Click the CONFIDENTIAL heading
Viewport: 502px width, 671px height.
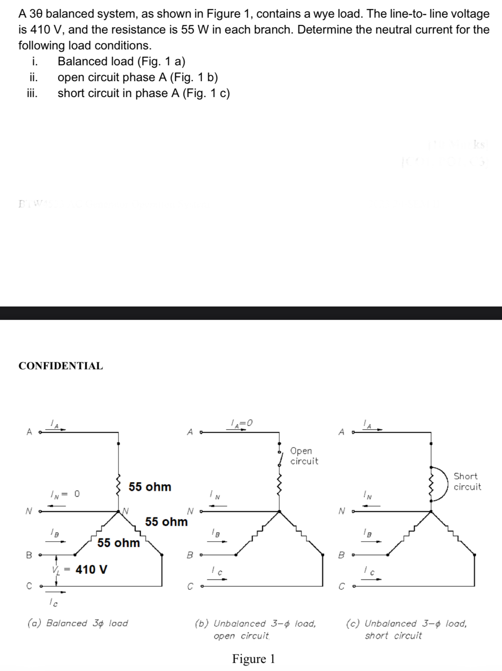[x=60, y=366]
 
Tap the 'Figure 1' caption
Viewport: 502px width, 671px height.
[x=253, y=659]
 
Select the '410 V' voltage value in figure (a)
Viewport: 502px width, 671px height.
[x=91, y=570]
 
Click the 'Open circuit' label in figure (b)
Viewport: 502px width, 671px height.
[x=304, y=456]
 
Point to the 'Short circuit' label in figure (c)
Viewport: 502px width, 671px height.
[x=467, y=481]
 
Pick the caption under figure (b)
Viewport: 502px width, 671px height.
[x=256, y=629]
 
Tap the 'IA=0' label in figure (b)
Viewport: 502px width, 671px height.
[x=241, y=423]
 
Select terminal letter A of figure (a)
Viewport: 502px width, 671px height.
[x=30, y=432]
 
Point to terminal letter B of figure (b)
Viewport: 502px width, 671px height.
[x=190, y=555]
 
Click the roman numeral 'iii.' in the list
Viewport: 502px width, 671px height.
[x=32, y=93]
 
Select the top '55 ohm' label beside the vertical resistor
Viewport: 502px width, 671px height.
[x=150, y=487]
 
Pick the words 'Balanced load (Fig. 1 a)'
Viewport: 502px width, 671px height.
[x=121, y=61]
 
